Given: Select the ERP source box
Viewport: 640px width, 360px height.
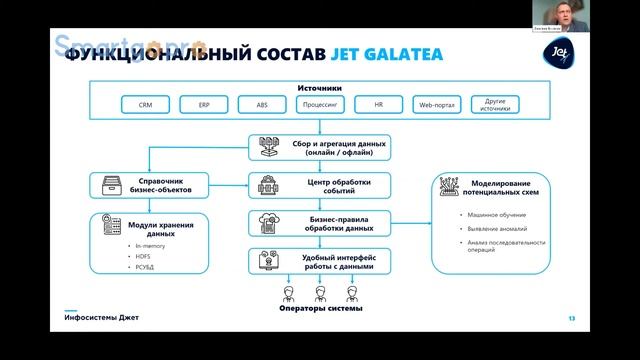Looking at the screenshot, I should [205, 104].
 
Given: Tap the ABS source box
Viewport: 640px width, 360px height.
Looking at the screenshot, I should [262, 104].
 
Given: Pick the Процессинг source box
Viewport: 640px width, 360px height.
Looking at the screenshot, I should [321, 104].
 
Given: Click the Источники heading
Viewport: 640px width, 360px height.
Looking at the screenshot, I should [320, 88].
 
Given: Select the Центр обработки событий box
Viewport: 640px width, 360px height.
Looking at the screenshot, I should [319, 185].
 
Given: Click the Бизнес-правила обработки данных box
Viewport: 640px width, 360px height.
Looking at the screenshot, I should [319, 223].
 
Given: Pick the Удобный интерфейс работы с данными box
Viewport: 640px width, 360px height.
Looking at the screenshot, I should [319, 262].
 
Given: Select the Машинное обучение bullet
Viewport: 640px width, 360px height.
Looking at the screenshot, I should [491, 215].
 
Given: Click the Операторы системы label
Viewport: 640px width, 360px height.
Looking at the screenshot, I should [321, 310].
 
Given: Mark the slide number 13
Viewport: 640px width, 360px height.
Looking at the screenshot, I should [571, 319].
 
